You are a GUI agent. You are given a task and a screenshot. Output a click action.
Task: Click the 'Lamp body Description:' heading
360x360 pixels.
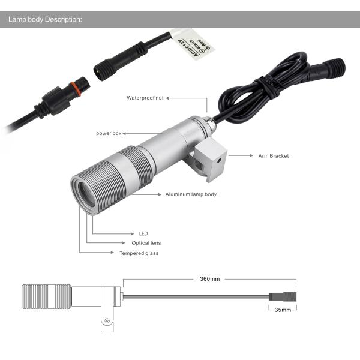[x=45, y=19]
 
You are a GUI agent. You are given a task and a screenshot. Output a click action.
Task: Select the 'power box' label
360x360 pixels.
[x=109, y=133]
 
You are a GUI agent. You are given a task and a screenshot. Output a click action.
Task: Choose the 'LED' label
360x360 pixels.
[x=143, y=233]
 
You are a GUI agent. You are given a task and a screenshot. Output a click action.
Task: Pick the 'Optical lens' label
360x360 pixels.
[x=146, y=243]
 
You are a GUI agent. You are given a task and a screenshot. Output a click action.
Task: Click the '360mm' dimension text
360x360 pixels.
[x=209, y=279]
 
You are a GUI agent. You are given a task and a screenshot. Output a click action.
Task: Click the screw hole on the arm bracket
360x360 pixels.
[x=220, y=161]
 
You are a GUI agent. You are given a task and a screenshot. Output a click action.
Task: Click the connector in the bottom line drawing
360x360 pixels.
[x=282, y=295]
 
